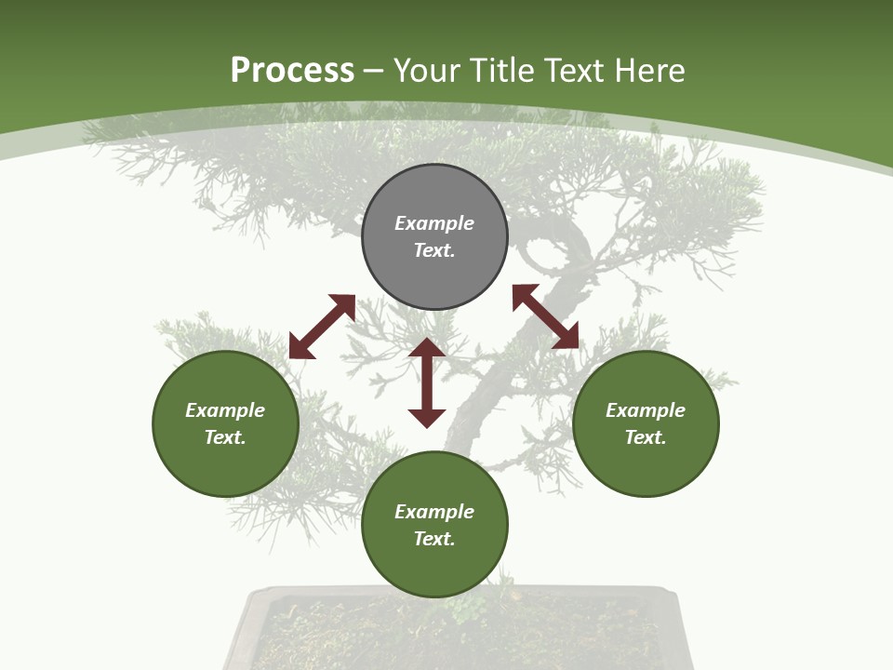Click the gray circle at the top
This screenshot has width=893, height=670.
pos(434,236)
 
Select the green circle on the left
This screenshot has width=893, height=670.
pos(225,423)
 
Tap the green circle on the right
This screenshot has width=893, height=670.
pos(646,423)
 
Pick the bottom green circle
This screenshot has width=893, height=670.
pos(434,525)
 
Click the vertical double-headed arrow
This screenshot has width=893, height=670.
pos(427,382)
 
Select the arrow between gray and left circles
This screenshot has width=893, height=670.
pos(322,327)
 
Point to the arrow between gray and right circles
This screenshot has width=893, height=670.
pos(545,316)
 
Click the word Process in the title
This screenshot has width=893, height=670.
pos(292,70)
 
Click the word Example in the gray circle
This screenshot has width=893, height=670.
pos(434,223)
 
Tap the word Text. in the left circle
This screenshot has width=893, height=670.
pos(225,437)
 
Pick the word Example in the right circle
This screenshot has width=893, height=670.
pos(646,410)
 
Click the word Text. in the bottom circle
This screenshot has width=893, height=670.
pos(434,539)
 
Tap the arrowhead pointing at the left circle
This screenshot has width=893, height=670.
pos(300,347)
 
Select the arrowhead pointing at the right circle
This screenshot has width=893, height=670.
pos(566,337)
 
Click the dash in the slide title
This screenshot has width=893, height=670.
pos(373,71)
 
